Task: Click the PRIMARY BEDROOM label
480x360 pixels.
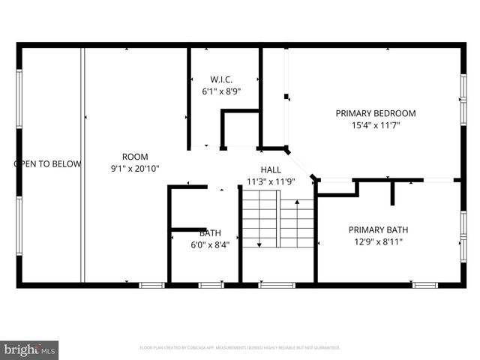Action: click(x=375, y=113)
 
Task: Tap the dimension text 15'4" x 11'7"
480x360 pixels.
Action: click(x=375, y=125)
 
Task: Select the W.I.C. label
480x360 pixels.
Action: click(x=221, y=79)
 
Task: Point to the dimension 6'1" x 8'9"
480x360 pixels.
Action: click(x=221, y=91)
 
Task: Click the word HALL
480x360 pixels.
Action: click(x=271, y=169)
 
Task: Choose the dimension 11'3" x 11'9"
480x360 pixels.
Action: click(x=271, y=181)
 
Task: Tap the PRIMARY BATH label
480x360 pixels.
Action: click(x=377, y=229)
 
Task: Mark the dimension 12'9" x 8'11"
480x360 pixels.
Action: click(x=377, y=241)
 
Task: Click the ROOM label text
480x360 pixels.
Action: click(x=135, y=157)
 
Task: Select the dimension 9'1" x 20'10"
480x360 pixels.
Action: click(x=135, y=169)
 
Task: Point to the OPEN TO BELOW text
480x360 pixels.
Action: click(x=47, y=163)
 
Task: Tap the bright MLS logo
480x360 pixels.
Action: click(x=30, y=349)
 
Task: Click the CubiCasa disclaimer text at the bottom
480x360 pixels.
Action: click(x=240, y=348)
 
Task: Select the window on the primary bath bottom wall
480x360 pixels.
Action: click(x=425, y=285)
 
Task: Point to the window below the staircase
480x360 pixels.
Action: click(x=276, y=285)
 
